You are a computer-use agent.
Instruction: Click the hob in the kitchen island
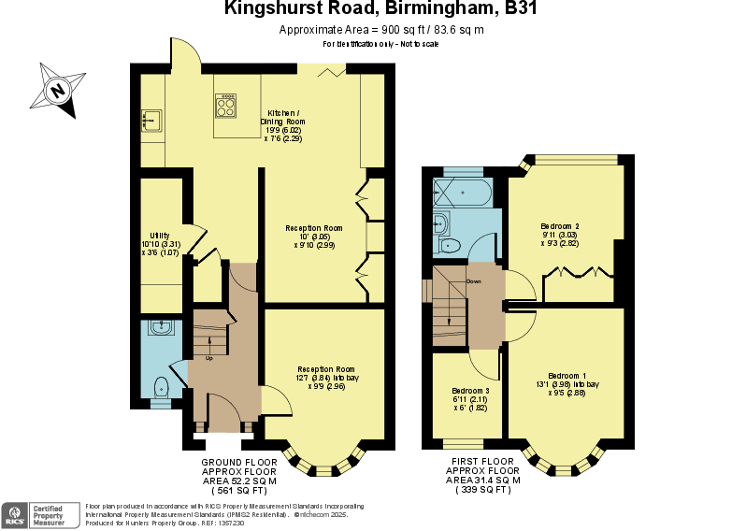(x=225, y=105)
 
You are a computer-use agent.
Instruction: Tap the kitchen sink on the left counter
(x=151, y=121)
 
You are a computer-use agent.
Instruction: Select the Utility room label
(x=159, y=236)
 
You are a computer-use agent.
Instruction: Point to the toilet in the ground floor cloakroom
(x=161, y=386)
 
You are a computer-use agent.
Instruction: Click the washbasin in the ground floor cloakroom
(x=162, y=327)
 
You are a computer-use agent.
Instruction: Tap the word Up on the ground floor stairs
(x=209, y=358)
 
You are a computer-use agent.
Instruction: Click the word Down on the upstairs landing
(x=473, y=281)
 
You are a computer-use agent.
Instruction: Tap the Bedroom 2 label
(x=560, y=226)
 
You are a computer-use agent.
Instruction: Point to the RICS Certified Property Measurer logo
(x=41, y=513)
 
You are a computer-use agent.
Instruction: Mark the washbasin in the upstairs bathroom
(x=439, y=223)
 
